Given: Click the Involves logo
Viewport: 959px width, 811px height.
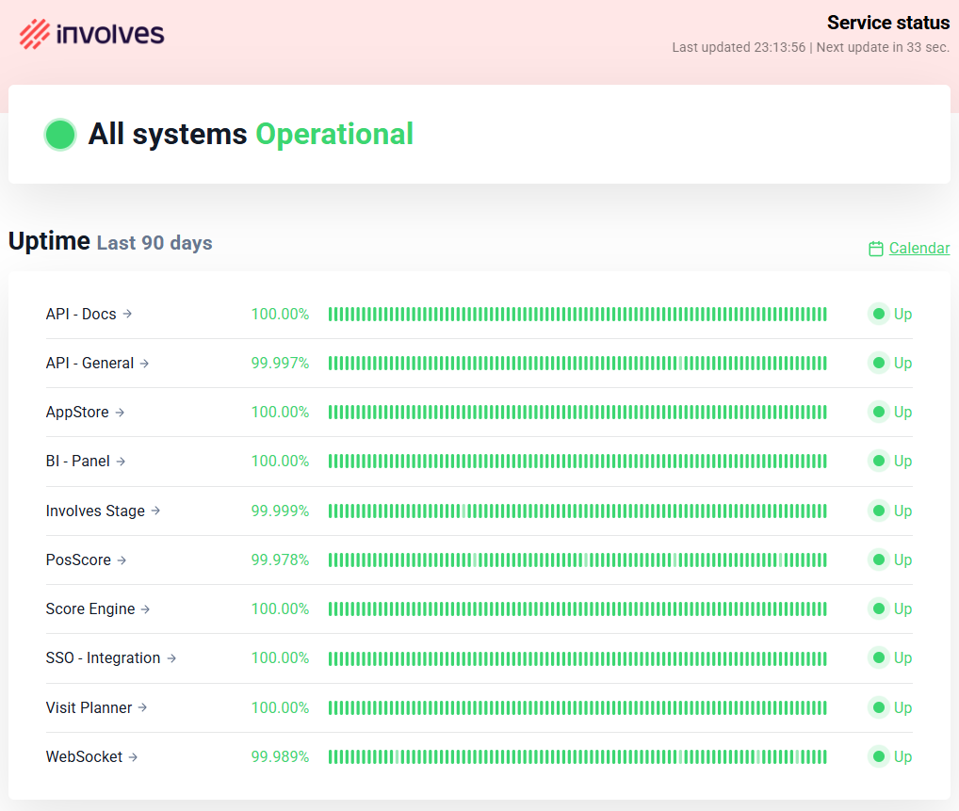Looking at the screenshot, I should click(x=91, y=34).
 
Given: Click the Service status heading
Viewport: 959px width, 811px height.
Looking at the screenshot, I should click(x=887, y=23).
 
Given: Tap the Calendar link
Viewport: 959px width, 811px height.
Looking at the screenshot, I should click(x=918, y=249).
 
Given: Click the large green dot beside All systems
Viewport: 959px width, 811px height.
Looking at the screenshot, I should click(x=60, y=135).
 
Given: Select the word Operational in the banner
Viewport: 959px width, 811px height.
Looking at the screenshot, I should click(x=334, y=135).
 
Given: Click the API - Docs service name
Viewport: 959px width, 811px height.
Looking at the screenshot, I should click(x=81, y=314).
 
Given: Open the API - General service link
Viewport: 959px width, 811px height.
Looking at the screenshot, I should click(x=90, y=363).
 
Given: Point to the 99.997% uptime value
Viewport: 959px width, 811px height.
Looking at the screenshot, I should click(x=280, y=363).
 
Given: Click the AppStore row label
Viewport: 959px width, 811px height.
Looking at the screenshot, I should click(x=77, y=412).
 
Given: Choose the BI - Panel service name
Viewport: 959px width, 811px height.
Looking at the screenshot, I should click(x=78, y=461).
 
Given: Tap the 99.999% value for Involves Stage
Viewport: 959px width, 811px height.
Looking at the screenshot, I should click(x=280, y=511).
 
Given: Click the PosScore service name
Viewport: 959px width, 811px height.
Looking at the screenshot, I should click(x=78, y=560).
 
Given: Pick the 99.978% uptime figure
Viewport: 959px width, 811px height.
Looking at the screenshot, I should click(x=280, y=560).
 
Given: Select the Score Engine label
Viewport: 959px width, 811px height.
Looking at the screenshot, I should click(x=90, y=608).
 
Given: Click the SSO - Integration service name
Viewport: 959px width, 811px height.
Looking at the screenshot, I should click(x=103, y=657).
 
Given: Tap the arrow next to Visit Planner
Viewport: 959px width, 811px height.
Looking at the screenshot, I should click(x=142, y=707).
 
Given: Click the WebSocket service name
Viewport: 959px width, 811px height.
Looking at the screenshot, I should click(x=84, y=756).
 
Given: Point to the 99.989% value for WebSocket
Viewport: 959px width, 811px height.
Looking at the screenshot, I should click(x=280, y=756).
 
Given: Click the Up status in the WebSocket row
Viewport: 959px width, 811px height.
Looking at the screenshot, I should click(x=902, y=756).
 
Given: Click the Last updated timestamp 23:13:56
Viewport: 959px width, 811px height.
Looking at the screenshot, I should click(x=779, y=47).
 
